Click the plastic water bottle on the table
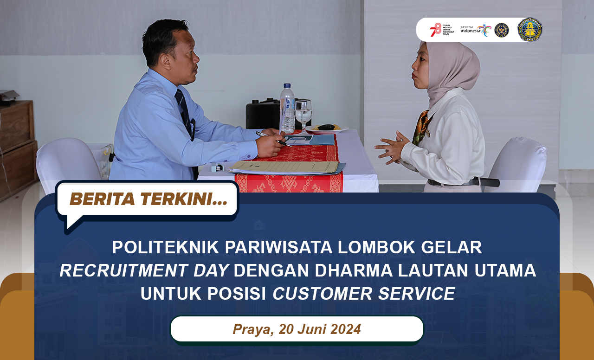287,109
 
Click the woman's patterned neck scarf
421,127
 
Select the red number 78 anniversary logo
435,30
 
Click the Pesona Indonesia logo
475,30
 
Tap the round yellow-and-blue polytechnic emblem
529,30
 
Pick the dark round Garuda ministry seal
502,30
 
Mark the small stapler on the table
217,167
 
